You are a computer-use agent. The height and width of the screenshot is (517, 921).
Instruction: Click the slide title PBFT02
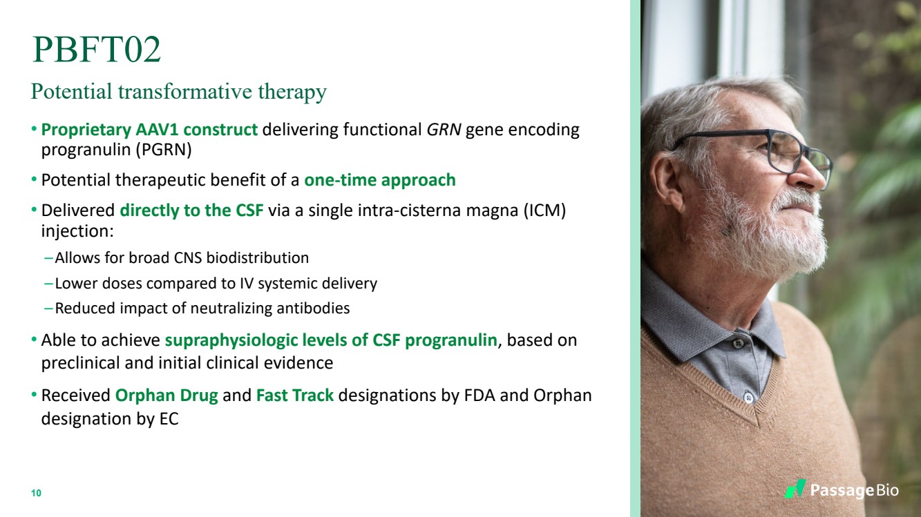pos(97,49)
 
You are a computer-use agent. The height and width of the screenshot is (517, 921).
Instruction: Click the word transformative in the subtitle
pos(185,90)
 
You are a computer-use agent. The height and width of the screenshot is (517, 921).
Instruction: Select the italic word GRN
pos(444,130)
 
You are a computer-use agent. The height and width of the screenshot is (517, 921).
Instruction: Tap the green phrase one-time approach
pos(380,180)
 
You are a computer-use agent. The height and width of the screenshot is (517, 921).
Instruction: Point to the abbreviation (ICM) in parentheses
pos(544,211)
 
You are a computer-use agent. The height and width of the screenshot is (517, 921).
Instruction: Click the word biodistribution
pos(258,258)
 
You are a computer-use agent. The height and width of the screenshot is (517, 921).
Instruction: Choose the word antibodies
pos(313,308)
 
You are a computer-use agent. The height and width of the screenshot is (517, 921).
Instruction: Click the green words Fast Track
pos(295,396)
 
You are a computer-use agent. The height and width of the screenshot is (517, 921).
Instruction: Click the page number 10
pos(36,493)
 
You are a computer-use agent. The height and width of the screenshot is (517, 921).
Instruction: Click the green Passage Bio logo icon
pos(795,489)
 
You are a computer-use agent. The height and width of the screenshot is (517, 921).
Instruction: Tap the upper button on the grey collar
pos(739,342)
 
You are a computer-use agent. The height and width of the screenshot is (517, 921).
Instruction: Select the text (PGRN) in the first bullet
pos(158,150)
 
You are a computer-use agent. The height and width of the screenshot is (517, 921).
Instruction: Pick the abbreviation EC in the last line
pos(169,419)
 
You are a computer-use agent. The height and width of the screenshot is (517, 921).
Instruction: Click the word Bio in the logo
pos(887,490)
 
